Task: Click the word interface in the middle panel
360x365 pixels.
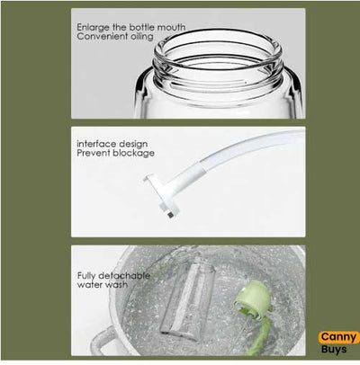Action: click(x=94, y=142)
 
